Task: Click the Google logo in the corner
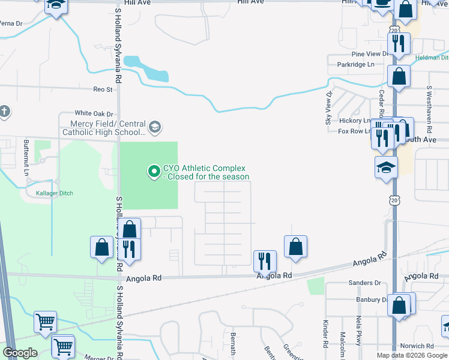(x=20, y=353)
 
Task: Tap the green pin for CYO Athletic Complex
(x=154, y=172)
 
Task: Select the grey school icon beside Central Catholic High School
(x=155, y=127)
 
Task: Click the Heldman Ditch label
(x=431, y=58)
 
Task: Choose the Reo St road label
(x=103, y=89)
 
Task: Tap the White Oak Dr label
(x=94, y=113)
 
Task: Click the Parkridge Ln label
(x=355, y=64)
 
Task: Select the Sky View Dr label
(x=329, y=108)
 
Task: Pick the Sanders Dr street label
(x=365, y=283)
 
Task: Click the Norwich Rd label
(x=417, y=346)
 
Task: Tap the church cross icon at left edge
(x=4, y=111)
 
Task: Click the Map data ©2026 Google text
(x=412, y=355)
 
